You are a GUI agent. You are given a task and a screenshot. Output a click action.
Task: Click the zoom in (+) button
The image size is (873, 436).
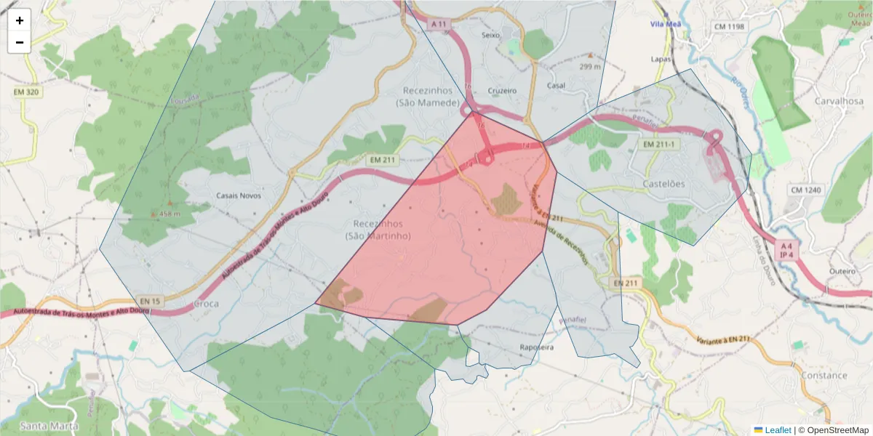(20, 20)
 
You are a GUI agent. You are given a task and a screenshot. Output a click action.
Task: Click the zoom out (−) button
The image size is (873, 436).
(20, 42)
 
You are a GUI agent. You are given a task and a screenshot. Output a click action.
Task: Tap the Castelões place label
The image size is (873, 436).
(663, 184)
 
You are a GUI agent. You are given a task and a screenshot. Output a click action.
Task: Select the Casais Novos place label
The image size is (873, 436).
(239, 195)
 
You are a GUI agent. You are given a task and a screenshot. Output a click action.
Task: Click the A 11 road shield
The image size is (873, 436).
(438, 24)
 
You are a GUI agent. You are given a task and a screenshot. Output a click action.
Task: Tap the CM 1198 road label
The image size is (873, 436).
(730, 27)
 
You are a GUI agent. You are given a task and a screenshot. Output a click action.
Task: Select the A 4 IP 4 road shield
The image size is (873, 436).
(786, 251)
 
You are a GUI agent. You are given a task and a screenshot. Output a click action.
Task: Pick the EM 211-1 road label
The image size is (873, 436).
(661, 145)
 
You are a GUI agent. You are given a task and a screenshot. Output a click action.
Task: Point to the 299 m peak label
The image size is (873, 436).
(590, 66)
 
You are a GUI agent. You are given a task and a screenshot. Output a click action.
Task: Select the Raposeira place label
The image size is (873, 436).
(537, 348)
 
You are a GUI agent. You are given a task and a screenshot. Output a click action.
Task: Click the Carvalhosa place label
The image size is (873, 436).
(838, 101)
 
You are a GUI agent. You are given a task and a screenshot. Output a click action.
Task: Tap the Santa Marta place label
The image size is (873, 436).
(49, 426)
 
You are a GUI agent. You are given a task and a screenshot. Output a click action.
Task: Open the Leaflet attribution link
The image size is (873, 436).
(778, 430)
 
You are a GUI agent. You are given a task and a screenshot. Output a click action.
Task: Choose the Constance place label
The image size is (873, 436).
(824, 376)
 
